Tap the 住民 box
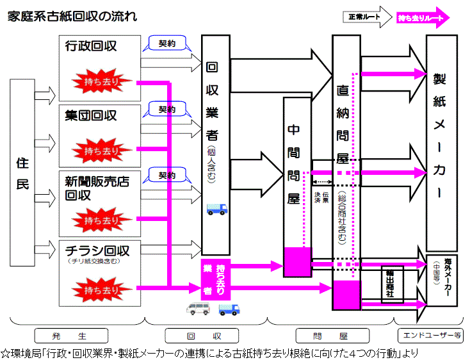[22, 173]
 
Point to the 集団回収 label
[91, 115]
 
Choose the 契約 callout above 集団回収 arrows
[167, 109]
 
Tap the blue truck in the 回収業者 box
[216, 209]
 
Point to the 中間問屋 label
[294, 163]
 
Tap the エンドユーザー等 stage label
[430, 335]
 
